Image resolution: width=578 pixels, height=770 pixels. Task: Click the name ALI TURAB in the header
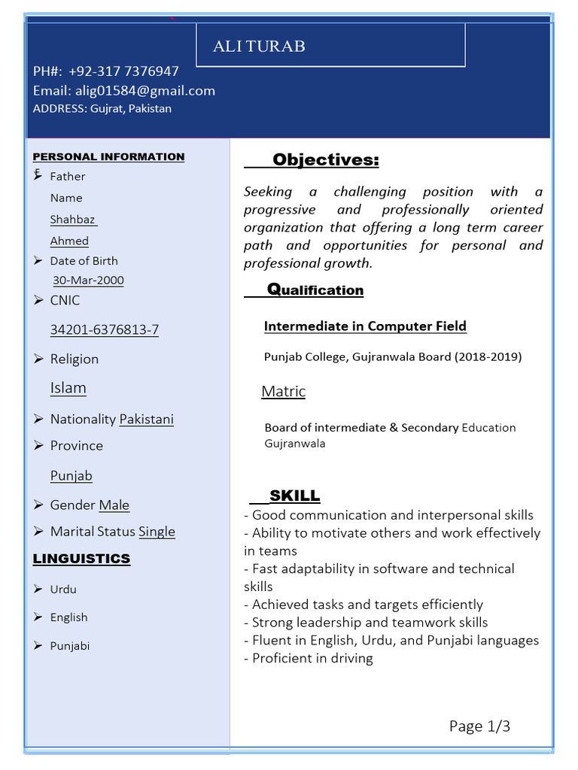pyautogui.click(x=259, y=47)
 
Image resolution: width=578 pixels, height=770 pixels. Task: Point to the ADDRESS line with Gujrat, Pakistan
pyautogui.click(x=102, y=108)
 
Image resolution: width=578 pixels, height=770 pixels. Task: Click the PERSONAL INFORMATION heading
pyautogui.click(x=108, y=156)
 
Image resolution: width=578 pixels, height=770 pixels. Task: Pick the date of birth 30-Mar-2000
pyautogui.click(x=88, y=280)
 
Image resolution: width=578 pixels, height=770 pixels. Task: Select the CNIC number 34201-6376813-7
pyautogui.click(x=105, y=329)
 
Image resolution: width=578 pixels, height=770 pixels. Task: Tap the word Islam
pyautogui.click(x=68, y=388)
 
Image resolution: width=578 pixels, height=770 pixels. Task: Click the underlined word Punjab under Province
pyautogui.click(x=71, y=475)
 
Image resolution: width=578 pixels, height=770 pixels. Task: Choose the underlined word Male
pyautogui.click(x=114, y=505)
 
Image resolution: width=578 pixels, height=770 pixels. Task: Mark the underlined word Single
pyautogui.click(x=157, y=532)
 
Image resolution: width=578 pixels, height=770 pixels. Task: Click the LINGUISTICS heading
pyautogui.click(x=81, y=559)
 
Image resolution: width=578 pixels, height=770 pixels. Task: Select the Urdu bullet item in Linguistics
pyautogui.click(x=63, y=590)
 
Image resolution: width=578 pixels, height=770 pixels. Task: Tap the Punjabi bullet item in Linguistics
pyautogui.click(x=70, y=646)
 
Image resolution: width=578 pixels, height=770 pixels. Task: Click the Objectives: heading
pyautogui.click(x=325, y=160)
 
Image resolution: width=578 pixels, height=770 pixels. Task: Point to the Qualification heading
pyautogui.click(x=315, y=290)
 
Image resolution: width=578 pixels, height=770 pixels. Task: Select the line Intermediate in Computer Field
pyautogui.click(x=365, y=326)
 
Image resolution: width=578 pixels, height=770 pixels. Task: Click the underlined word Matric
pyautogui.click(x=283, y=392)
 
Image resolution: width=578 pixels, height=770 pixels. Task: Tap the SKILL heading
pyautogui.click(x=294, y=496)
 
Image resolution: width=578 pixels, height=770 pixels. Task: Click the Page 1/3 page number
pyautogui.click(x=479, y=726)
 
